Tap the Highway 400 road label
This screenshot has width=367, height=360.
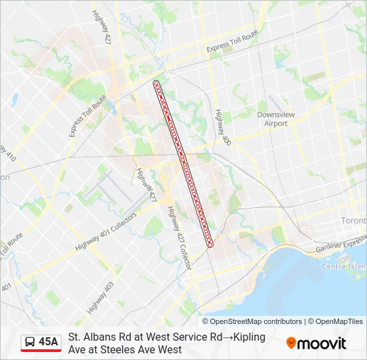click(x=222, y=127)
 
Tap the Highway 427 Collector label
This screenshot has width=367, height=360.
click(x=179, y=235)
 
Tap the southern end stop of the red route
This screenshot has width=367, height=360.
click(x=210, y=245)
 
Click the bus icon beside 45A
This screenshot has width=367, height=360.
click(x=30, y=343)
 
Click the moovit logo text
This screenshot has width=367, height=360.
click(x=322, y=344)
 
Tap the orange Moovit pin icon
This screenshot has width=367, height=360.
click(x=291, y=343)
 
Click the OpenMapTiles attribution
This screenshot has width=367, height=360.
click(x=340, y=321)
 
